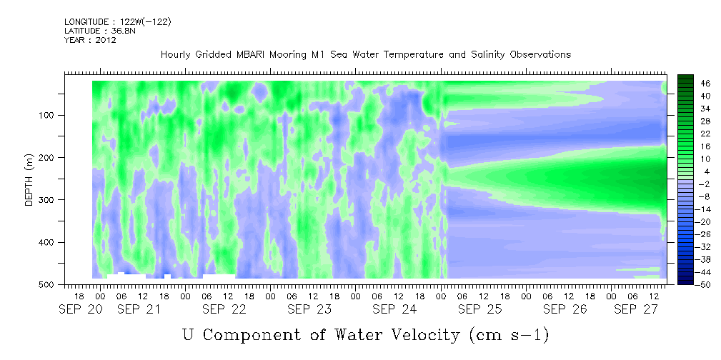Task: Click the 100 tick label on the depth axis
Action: click(49, 115)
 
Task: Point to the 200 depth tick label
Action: click(49, 157)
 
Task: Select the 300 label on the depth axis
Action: click(49, 199)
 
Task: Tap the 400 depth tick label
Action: click(49, 242)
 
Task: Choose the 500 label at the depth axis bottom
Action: click(49, 284)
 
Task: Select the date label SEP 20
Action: click(81, 310)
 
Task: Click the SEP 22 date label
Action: click(224, 310)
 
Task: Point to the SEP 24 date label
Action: click(394, 310)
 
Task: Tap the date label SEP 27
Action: click(637, 310)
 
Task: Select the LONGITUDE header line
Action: click(118, 22)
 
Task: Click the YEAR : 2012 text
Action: click(90, 40)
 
